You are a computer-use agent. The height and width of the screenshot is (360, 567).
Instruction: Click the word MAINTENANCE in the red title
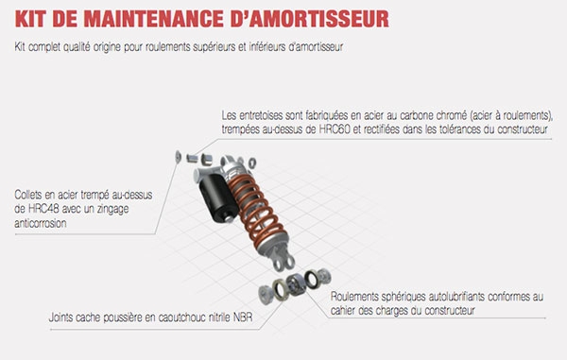tap(154, 19)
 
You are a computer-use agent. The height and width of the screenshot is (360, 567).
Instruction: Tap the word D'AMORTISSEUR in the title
tap(310, 19)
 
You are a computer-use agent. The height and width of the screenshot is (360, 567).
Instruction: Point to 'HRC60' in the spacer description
tap(335, 129)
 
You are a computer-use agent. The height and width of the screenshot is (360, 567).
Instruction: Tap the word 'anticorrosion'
tap(41, 223)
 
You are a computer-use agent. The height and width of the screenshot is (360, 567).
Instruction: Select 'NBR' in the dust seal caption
tap(243, 317)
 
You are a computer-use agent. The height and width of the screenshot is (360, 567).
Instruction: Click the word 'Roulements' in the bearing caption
tap(354, 297)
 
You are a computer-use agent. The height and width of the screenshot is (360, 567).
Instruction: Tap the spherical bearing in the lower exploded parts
tap(296, 284)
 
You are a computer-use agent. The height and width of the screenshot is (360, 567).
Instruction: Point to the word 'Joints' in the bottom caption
tap(61, 317)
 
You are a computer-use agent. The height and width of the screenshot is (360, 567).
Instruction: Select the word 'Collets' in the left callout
tap(28, 195)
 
